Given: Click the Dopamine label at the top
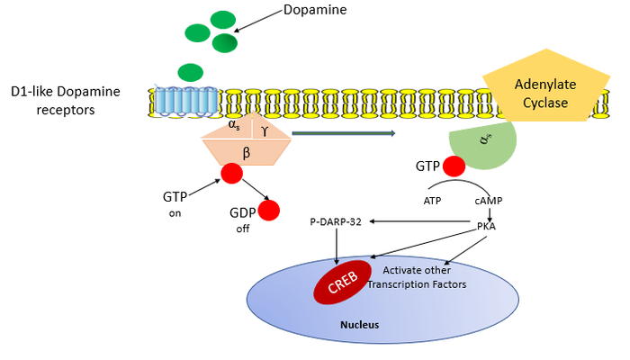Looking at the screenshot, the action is (x=315, y=10).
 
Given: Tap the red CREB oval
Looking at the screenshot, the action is (x=343, y=282).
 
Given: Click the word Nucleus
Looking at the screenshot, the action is (x=360, y=325).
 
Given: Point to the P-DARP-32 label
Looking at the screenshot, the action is (x=336, y=221).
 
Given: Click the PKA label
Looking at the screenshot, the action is (x=486, y=226).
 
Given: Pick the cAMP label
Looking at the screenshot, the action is (x=489, y=201).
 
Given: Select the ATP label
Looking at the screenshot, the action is (x=432, y=201).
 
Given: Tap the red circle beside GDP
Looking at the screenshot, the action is (x=269, y=211).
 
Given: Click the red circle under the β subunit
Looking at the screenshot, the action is (x=232, y=174).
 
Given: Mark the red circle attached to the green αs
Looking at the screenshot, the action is (x=454, y=166).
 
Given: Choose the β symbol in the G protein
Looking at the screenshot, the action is (x=247, y=153).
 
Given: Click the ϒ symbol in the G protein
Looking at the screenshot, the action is (x=265, y=130).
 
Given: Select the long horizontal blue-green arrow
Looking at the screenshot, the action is (x=344, y=133).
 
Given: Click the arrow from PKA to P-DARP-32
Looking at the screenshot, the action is (x=419, y=221).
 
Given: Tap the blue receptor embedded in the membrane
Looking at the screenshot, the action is (x=186, y=103).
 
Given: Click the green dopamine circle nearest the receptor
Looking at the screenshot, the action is (x=191, y=73).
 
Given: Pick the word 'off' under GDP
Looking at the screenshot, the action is (x=243, y=229).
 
